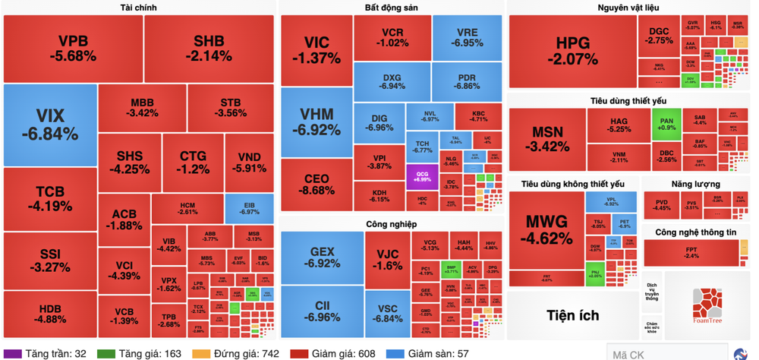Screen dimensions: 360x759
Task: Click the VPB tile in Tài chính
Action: point(73,48)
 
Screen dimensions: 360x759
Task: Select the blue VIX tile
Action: point(50,125)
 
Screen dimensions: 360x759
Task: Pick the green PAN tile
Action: point(666,123)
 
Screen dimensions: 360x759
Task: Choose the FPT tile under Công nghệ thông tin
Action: point(691,252)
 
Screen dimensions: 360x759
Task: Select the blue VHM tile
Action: point(317,122)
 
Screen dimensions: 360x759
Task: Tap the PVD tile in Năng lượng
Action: point(661,204)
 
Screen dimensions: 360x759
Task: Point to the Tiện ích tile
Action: point(572,315)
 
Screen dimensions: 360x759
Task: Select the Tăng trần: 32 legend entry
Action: point(50,353)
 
